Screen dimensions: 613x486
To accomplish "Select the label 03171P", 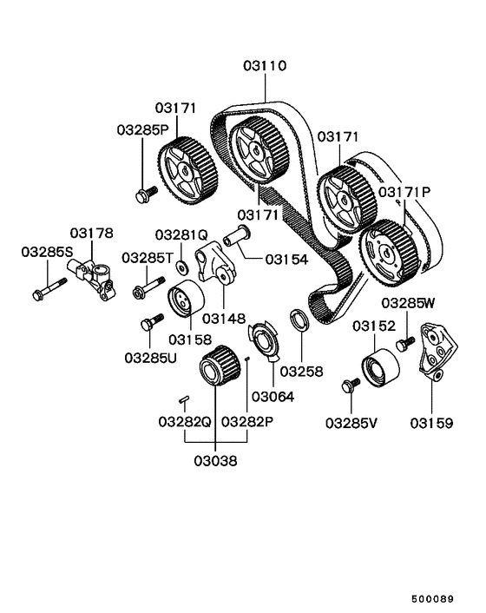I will point(404,190).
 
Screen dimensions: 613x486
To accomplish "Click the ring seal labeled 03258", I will point(299,322).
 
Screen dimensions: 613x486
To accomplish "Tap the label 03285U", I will point(149,357).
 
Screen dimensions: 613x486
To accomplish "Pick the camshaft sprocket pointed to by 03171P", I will point(387,252).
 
